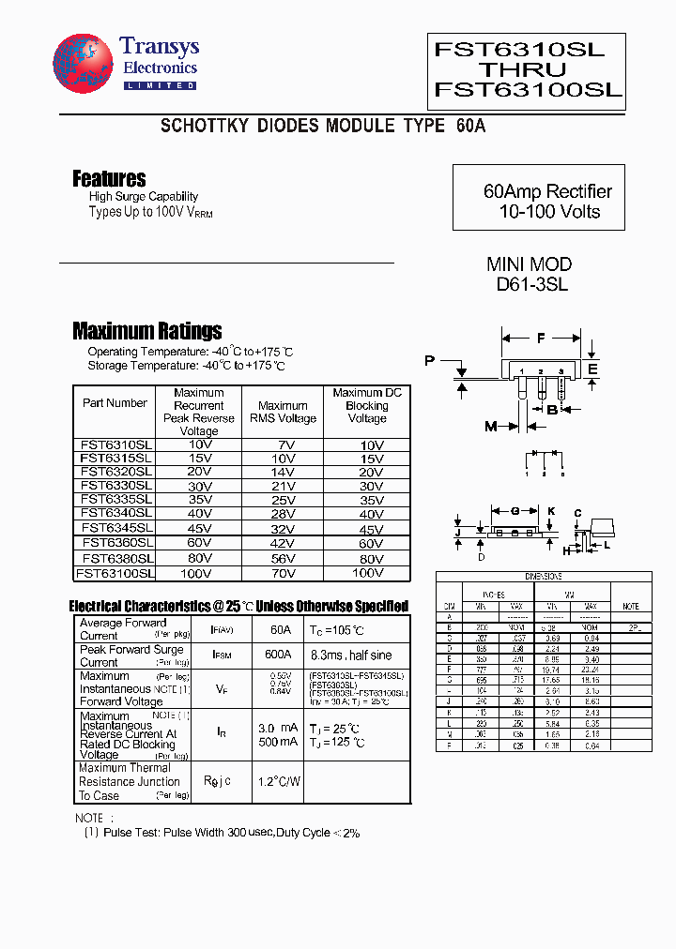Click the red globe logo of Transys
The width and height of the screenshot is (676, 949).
[83, 63]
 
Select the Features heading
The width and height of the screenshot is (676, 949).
[109, 178]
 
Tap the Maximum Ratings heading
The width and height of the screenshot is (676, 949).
[146, 330]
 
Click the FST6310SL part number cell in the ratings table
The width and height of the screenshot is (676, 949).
[116, 444]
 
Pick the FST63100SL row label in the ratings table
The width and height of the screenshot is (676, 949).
[115, 572]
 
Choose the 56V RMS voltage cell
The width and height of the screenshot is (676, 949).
[282, 558]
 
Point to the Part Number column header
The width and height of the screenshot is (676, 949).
[115, 403]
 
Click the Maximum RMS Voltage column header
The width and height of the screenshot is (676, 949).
[282, 413]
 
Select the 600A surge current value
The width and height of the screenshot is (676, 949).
[277, 655]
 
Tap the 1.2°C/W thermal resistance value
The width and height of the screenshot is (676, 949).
[278, 780]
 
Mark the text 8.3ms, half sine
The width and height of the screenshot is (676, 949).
[353, 655]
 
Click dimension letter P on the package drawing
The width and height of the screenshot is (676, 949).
[429, 361]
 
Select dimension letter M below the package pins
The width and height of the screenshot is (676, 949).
[490, 427]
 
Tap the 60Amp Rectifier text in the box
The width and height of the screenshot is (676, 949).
[547, 191]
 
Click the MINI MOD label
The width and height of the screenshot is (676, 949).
[529, 264]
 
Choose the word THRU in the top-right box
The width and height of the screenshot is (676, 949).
[523, 70]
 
